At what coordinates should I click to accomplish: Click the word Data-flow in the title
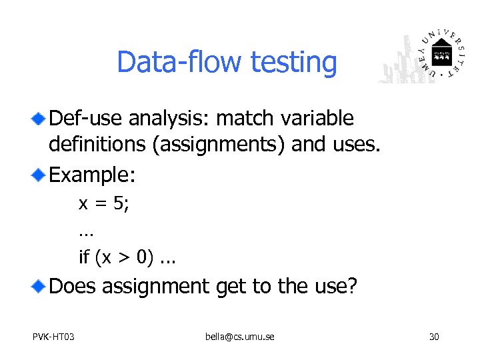pos(179,63)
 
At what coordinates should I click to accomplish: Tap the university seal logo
pos(441,57)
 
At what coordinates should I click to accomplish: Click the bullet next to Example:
pos(39,175)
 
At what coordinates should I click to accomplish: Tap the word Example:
pos(93,175)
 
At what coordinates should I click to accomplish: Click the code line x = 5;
pos(104,203)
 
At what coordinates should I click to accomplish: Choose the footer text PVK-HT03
pos(53,337)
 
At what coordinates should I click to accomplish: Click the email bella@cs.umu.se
pos(239,337)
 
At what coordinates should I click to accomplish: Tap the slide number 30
pos(433,337)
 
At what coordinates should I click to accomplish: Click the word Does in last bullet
pos(73,287)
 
